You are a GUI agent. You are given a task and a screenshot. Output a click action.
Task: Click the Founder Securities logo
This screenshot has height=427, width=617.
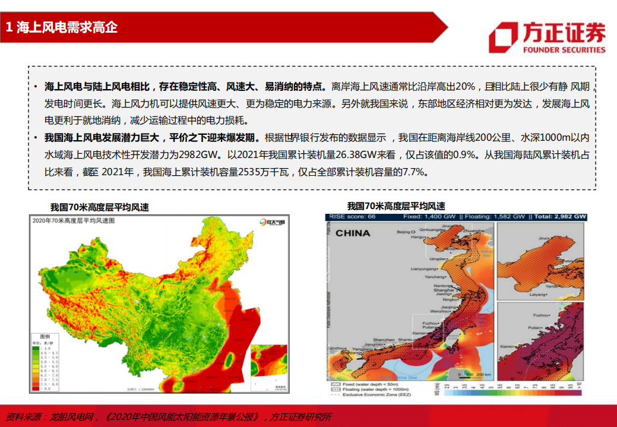click(547, 37)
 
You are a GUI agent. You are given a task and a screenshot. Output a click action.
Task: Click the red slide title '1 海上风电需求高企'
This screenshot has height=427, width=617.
click(62, 27)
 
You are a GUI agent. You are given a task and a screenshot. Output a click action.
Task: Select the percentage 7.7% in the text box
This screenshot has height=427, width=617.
click(414, 172)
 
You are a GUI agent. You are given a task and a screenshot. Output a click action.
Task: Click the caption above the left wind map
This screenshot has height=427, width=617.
click(99, 207)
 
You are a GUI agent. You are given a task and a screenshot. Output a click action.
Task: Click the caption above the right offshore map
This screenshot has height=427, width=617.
click(396, 206)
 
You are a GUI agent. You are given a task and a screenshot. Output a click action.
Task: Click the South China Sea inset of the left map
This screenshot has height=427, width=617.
click(269, 366)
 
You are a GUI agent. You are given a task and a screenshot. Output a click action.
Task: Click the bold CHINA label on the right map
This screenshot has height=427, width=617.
click(352, 233)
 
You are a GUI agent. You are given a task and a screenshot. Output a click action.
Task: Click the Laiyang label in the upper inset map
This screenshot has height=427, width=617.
click(537, 294)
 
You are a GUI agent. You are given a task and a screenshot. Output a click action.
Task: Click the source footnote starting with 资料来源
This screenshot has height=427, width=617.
click(169, 416)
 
